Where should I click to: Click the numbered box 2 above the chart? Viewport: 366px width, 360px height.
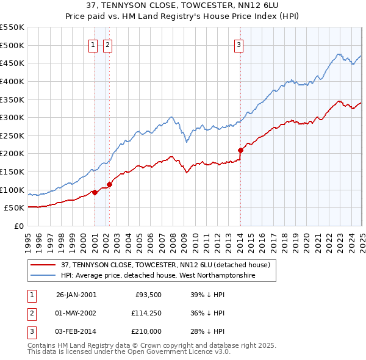[x=107, y=44]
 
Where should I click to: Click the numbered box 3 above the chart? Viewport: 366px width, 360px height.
[x=239, y=44]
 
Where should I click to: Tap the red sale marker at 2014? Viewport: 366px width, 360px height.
[x=240, y=149]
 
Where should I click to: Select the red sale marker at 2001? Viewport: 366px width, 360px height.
[x=95, y=192]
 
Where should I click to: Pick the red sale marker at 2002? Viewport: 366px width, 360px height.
[x=109, y=184]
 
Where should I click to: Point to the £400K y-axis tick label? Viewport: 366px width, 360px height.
[x=12, y=81]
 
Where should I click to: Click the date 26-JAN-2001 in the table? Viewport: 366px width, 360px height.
[x=76, y=295]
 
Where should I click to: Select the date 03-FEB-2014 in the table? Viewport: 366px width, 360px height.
[x=76, y=331]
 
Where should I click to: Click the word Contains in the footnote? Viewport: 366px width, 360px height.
[x=42, y=345]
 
